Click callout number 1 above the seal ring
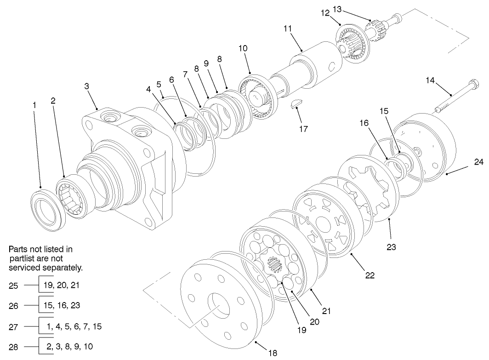[34, 105]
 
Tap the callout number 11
[288, 29]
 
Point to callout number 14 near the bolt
[430, 80]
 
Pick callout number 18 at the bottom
[273, 353]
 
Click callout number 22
[370, 276]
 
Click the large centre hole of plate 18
[218, 306]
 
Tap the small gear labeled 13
[378, 27]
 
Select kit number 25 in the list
[13, 286]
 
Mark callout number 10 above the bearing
[243, 48]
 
